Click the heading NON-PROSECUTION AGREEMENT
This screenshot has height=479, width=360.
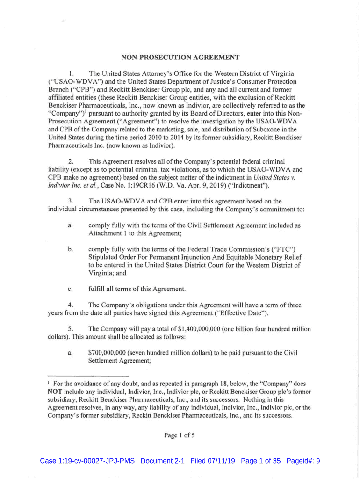point(180,58)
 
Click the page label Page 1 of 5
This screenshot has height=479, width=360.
point(180,435)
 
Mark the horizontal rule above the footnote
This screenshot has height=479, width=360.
point(88,375)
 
